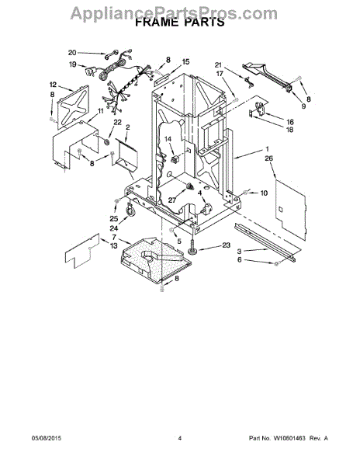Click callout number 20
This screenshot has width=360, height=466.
(72, 53)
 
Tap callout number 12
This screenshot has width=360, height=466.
(53, 85)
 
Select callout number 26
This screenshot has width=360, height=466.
(268, 158)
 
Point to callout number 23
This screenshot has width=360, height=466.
(226, 245)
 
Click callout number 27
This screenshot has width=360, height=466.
(172, 200)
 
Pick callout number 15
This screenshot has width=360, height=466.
(185, 62)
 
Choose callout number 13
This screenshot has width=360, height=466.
(114, 246)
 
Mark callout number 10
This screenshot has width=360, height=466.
(264, 193)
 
